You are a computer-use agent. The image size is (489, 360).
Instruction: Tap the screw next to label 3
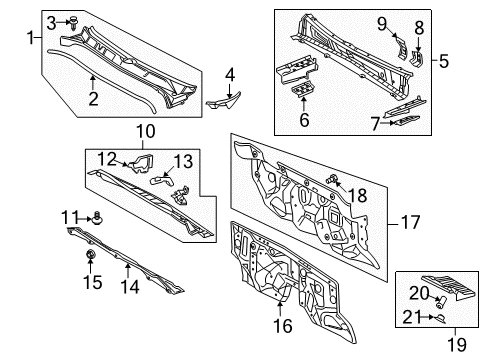click(74, 21)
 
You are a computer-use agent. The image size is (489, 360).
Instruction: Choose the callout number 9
click(380, 23)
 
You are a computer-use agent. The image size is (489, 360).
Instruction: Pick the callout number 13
click(184, 160)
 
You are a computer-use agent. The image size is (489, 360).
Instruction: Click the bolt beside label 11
click(96, 216)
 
